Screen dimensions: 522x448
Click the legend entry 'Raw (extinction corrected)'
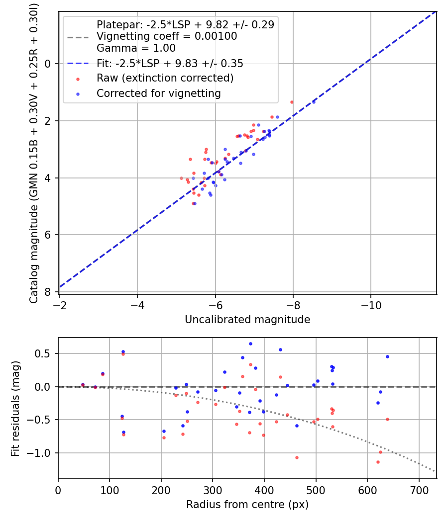pos(165,78)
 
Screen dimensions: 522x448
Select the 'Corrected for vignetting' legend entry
pos(158,93)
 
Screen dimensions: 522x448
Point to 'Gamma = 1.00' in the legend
pos(136,48)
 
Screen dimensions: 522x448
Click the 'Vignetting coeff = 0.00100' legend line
pos(167,36)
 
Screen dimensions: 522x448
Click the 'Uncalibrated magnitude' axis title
pos(247,320)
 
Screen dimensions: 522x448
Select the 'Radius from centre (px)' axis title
pos(247,505)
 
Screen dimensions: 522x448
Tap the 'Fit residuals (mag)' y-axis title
pos(15,409)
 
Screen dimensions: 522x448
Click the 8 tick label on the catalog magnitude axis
pos(48,292)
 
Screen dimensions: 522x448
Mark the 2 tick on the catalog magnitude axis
pos(48,121)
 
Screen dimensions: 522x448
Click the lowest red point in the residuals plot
pos(378,462)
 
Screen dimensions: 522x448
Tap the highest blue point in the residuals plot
pos(250,344)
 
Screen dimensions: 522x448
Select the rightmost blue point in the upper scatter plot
pos(314,101)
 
